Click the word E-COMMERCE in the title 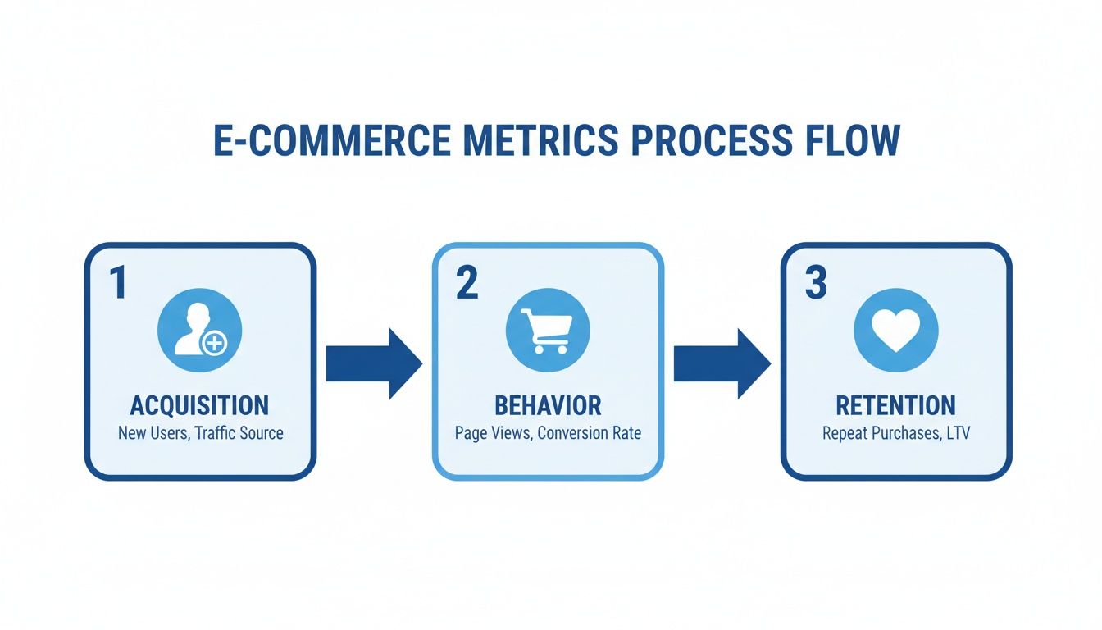coord(331,140)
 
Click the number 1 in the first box coord(118,282)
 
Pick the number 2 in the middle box coord(466,282)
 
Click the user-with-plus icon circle coord(199,330)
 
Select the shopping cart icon coord(548,330)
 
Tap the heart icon coord(895,330)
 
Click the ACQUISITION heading coord(199,405)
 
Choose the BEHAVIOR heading coord(548,405)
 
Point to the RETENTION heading coord(895,405)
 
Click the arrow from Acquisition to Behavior coord(373,363)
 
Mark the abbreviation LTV coord(956,433)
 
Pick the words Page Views coord(492,433)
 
